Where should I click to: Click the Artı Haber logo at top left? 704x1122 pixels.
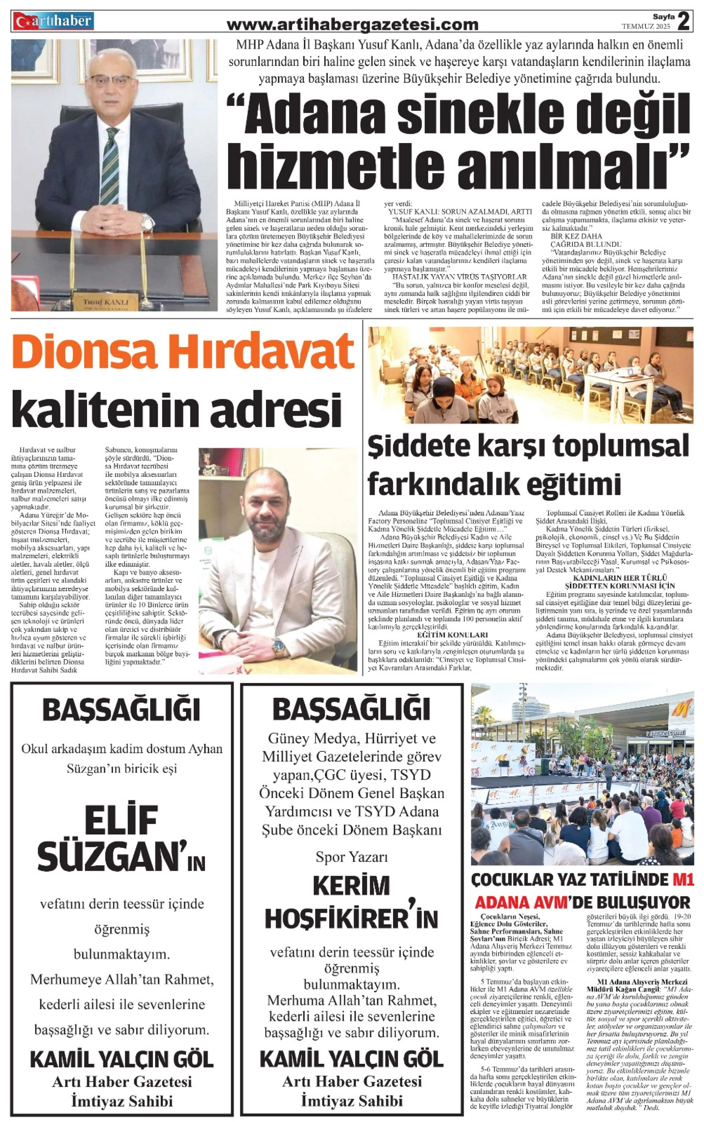(53, 20)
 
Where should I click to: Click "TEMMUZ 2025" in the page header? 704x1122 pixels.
(646, 27)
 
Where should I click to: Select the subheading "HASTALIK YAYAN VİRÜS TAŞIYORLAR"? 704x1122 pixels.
(459, 276)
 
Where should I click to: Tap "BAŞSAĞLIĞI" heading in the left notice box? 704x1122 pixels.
(121, 710)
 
